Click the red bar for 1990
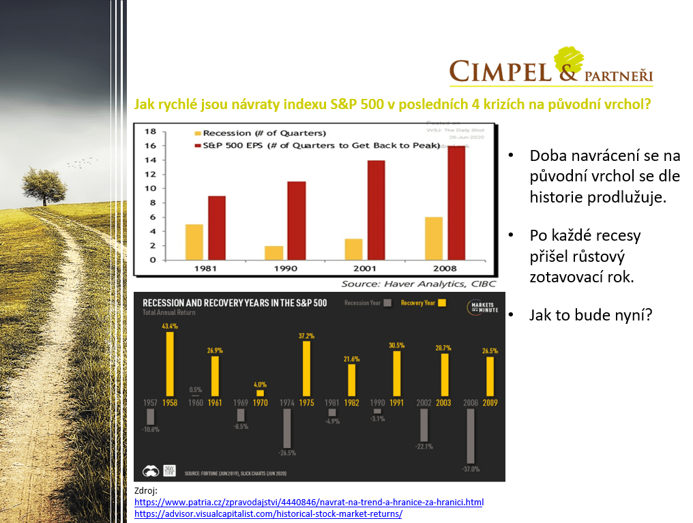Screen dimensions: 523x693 pos(277,220)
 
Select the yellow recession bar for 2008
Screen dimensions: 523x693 pos(434,238)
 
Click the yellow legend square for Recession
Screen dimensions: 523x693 pos(198,133)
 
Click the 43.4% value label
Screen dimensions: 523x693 pos(170,327)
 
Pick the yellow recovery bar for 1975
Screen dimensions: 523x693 pos(307,369)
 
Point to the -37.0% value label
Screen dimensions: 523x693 pos(469,469)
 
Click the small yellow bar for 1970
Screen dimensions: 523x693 pos(260,393)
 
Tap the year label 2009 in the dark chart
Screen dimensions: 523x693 pos(490,403)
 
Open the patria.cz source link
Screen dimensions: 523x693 pos(309,502)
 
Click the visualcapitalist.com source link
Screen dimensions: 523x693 pos(268,513)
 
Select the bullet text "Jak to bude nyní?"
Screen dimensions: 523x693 pos(591,315)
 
